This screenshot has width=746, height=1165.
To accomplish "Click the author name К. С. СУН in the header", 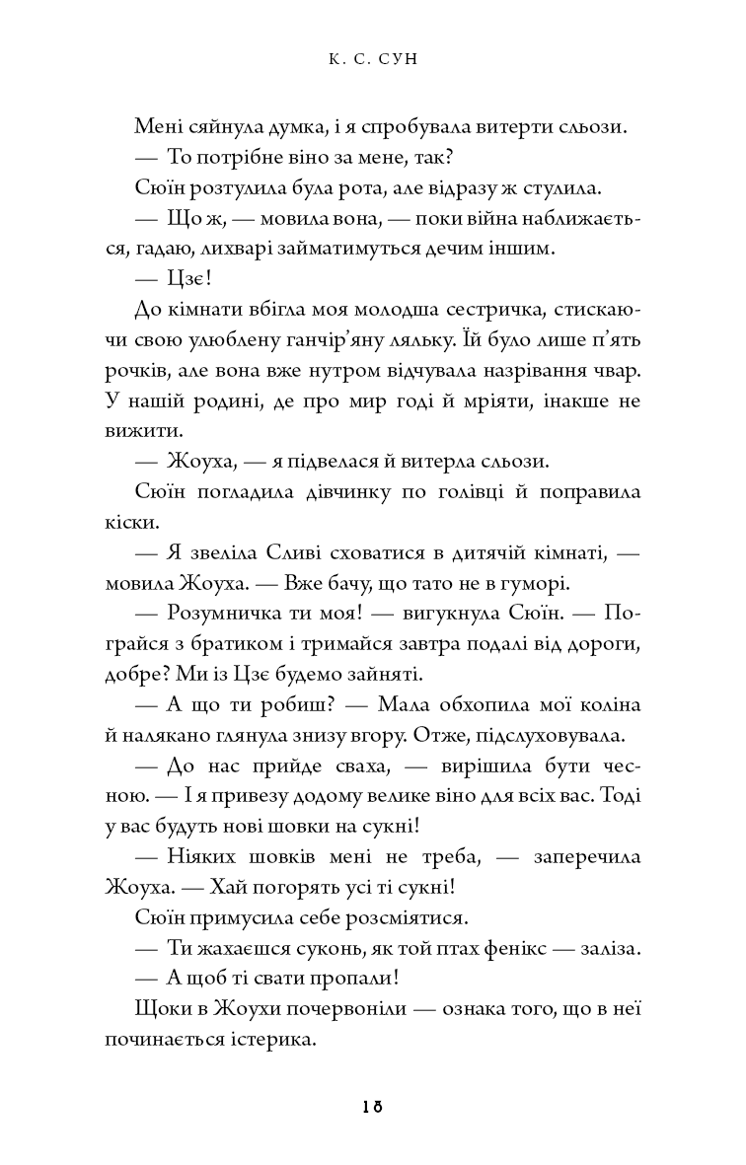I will pos(372,60).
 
